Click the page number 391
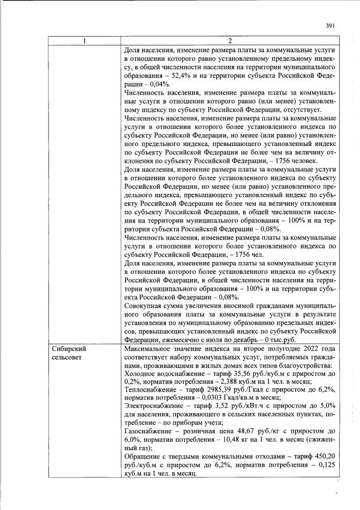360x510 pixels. [x=331, y=25]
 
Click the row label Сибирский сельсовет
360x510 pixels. [x=70, y=353]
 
